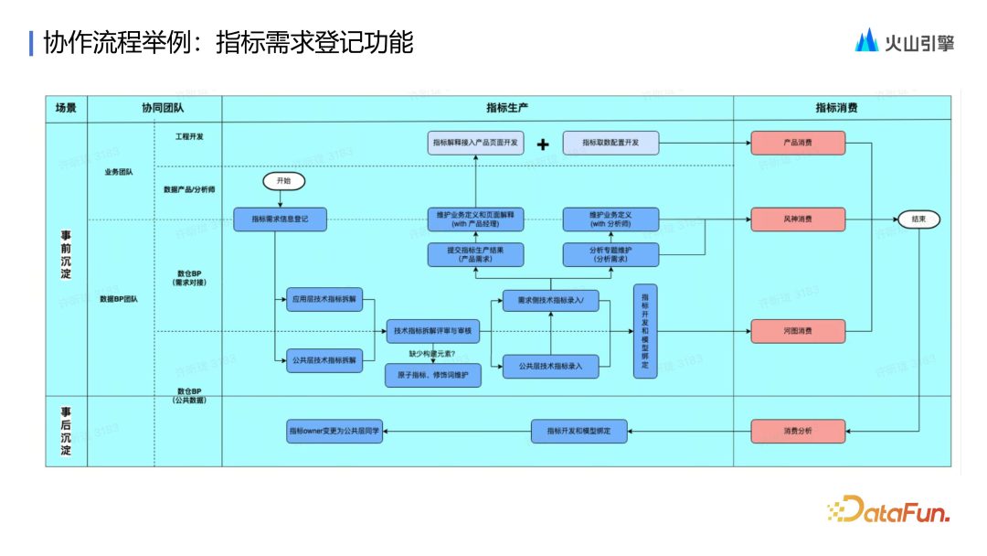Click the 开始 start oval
click(283, 181)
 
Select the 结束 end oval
click(918, 219)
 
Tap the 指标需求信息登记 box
click(280, 219)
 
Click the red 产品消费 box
click(798, 144)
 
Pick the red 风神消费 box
click(798, 219)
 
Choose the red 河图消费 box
click(798, 331)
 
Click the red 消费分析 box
click(798, 431)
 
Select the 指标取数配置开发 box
click(611, 144)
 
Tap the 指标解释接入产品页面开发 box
click(475, 144)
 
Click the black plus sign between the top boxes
click(543, 144)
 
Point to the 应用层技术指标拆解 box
click(324, 298)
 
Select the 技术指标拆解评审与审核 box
click(434, 331)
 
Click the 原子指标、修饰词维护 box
click(433, 375)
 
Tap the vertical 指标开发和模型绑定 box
click(645, 331)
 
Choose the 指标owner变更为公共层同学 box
click(334, 431)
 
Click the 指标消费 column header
click(836, 108)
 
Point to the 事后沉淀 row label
click(66, 431)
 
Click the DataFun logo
click(888, 510)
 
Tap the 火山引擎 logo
click(904, 41)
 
